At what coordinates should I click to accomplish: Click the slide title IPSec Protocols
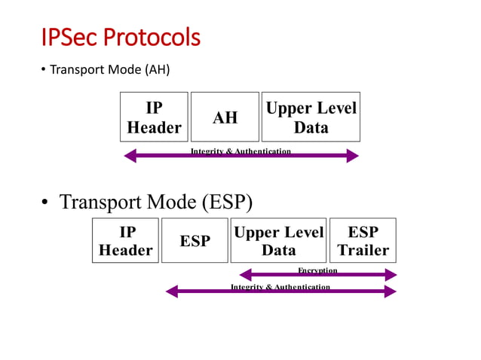pyautogui.click(x=121, y=37)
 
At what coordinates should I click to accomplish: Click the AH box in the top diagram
pyautogui.click(x=225, y=117)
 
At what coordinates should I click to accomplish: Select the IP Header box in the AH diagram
pyautogui.click(x=154, y=117)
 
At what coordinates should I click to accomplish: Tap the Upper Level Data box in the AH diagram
pyautogui.click(x=311, y=117)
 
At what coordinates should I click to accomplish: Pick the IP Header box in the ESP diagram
pyautogui.click(x=125, y=240)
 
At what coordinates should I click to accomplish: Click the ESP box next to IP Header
pyautogui.click(x=195, y=240)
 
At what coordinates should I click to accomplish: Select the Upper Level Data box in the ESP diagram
pyautogui.click(x=278, y=240)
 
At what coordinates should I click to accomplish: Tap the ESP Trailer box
pyautogui.click(x=363, y=240)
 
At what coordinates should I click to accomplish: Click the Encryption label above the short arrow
pyautogui.click(x=317, y=270)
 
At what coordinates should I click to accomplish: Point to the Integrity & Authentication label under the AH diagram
pyautogui.click(x=240, y=151)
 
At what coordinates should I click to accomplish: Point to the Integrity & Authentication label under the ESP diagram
pyautogui.click(x=280, y=287)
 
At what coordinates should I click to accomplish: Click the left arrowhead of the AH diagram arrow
pyautogui.click(x=129, y=156)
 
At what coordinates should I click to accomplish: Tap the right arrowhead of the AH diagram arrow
pyautogui.click(x=352, y=156)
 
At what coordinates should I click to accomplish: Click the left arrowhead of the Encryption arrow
pyautogui.click(x=244, y=275)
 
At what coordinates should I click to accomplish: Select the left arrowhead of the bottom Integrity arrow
pyautogui.click(x=171, y=291)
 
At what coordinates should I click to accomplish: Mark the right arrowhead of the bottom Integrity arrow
pyautogui.click(x=391, y=291)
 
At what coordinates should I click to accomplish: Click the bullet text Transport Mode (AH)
pyautogui.click(x=109, y=71)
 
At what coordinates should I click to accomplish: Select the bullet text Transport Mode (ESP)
pyautogui.click(x=155, y=203)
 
